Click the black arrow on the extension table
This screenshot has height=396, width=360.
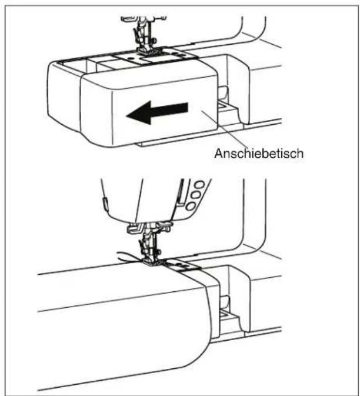click(157, 112)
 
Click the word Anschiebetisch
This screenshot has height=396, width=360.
click(259, 154)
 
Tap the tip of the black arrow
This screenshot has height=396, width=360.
click(126, 116)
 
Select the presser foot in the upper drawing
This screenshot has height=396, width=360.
click(148, 51)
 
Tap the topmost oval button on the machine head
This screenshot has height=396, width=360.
click(199, 185)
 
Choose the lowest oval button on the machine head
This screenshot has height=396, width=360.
click(191, 207)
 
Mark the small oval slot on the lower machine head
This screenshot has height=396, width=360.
click(105, 204)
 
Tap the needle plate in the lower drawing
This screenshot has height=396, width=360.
click(182, 266)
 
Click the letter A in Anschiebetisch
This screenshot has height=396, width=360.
click(218, 154)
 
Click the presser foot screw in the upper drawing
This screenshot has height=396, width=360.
click(154, 40)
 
